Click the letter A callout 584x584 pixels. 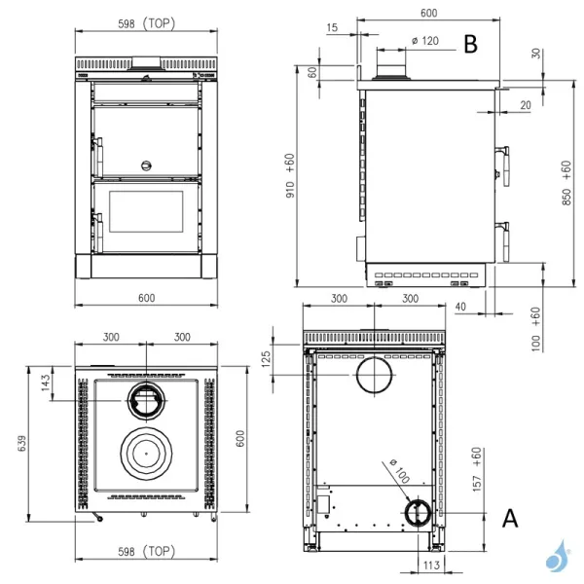coord(509,519)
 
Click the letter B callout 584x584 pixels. coord(470,44)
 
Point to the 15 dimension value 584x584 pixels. coord(334,28)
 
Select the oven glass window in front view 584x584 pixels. coord(147,212)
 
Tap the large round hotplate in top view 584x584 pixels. coord(146,452)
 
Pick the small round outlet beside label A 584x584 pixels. coord(416,512)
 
